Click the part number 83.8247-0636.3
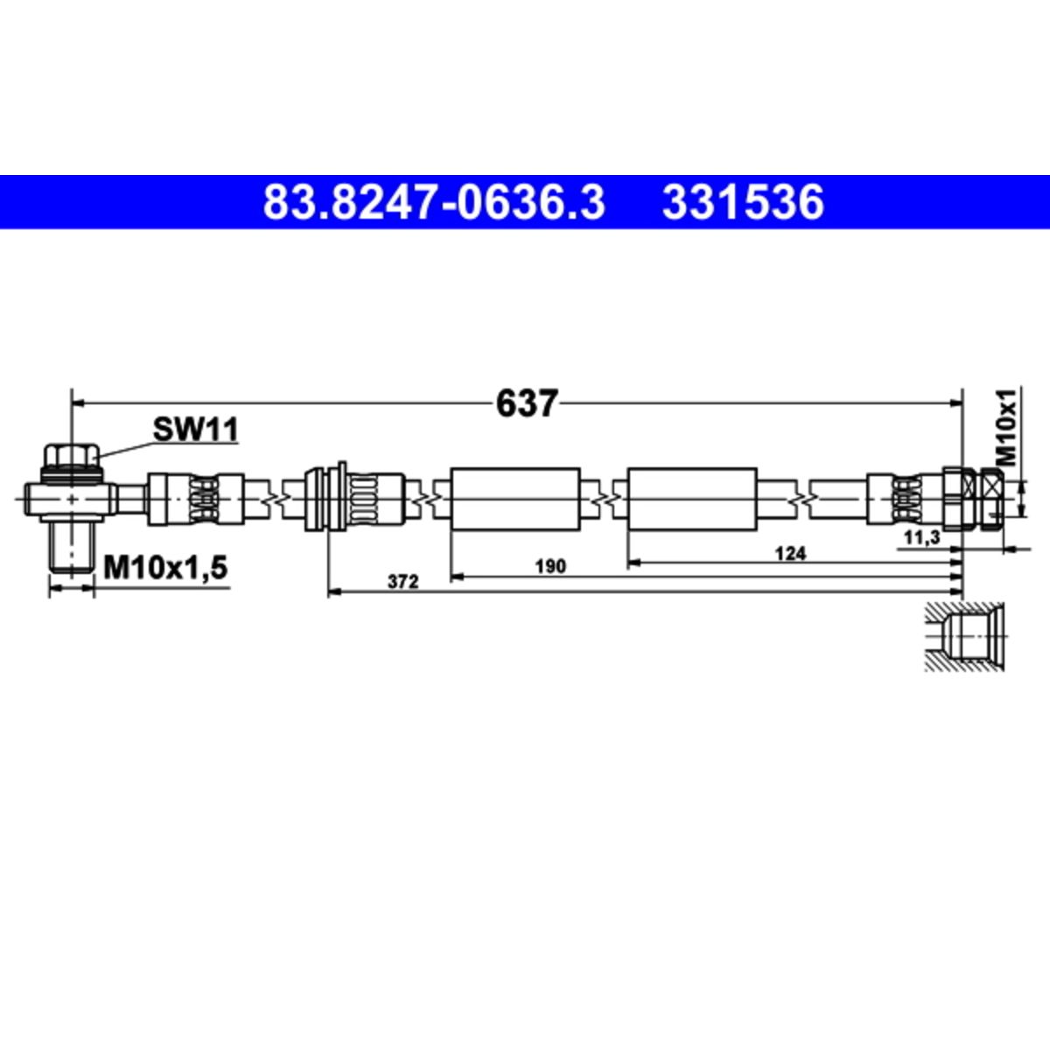tap(434, 203)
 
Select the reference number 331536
tap(743, 203)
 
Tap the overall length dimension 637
tap(527, 403)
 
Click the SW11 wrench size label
tap(196, 430)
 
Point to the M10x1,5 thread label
tap(165, 569)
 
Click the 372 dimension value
tap(403, 582)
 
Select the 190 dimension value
tap(550, 567)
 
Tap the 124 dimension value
tap(790, 554)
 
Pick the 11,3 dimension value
tap(922, 538)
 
